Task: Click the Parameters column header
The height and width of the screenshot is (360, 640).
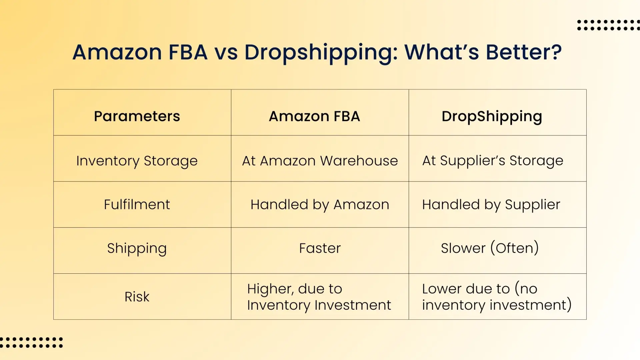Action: pyautogui.click(x=137, y=116)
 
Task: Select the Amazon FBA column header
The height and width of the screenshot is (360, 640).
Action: pyautogui.click(x=314, y=116)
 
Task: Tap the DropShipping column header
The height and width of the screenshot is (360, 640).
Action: pyautogui.click(x=492, y=116)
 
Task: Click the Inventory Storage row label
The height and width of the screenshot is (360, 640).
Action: pyautogui.click(x=137, y=161)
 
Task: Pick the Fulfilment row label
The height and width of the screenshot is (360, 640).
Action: pyautogui.click(x=137, y=204)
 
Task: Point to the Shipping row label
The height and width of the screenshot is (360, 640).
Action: pyautogui.click(x=137, y=248)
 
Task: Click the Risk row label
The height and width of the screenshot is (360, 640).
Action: pyautogui.click(x=137, y=297)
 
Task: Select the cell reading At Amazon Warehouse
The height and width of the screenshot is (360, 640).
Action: pyautogui.click(x=320, y=161)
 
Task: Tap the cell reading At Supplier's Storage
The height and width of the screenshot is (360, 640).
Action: pyautogui.click(x=493, y=161)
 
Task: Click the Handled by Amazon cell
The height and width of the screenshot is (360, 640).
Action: pyautogui.click(x=320, y=204)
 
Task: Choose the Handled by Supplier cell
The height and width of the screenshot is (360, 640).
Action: pyautogui.click(x=491, y=204)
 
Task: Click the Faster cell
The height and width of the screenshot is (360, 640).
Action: pyautogui.click(x=320, y=248)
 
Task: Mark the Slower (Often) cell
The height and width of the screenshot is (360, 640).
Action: pyautogui.click(x=490, y=248)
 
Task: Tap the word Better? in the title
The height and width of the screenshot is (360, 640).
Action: pyautogui.click(x=524, y=52)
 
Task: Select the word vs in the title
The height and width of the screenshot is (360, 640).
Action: pyautogui.click(x=226, y=53)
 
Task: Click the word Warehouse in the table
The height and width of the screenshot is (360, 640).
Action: pyautogui.click(x=359, y=161)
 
